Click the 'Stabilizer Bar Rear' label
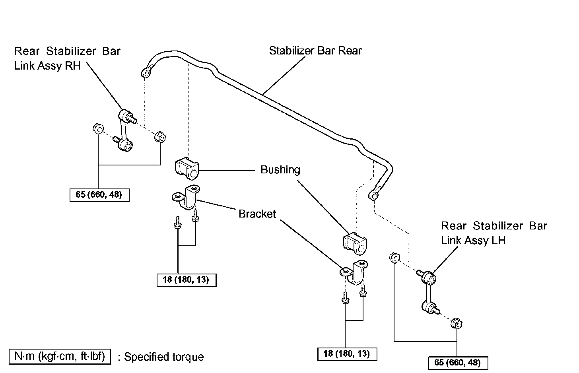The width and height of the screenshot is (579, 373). click(x=315, y=51)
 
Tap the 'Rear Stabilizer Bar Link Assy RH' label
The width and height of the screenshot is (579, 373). click(x=67, y=58)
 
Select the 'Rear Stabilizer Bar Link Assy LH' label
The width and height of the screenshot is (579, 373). click(x=494, y=233)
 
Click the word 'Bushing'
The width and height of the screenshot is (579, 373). click(x=280, y=170)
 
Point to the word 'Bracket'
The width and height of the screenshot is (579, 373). click(x=257, y=214)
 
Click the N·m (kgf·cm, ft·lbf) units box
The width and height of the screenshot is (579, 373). click(x=60, y=356)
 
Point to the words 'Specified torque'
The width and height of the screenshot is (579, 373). click(x=164, y=357)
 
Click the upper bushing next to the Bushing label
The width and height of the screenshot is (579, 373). click(x=187, y=168)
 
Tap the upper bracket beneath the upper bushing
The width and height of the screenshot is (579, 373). click(x=186, y=197)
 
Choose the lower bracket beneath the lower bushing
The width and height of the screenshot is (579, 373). click(x=354, y=272)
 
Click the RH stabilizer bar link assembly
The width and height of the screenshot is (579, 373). click(x=125, y=130)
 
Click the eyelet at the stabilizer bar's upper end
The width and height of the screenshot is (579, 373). click(x=146, y=74)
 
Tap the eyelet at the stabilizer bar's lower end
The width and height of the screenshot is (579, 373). click(x=373, y=195)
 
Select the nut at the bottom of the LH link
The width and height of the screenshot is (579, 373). click(x=456, y=324)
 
